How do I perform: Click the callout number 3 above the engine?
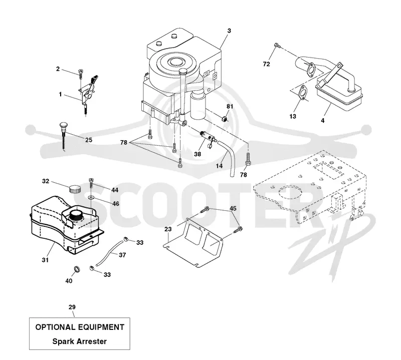pyautogui.click(x=229, y=31)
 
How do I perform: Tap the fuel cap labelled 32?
pyautogui.click(x=75, y=189)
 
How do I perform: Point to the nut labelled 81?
pyautogui.click(x=224, y=119)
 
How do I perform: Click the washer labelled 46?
pyautogui.click(x=91, y=197)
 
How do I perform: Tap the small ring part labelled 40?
pyautogui.click(x=77, y=269)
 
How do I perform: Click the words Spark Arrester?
pyautogui.click(x=80, y=341)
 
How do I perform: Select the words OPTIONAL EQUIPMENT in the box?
pyautogui.click(x=80, y=327)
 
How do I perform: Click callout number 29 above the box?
pyautogui.click(x=72, y=307)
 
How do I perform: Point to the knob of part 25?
pyautogui.click(x=63, y=125)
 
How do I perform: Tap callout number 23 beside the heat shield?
pyautogui.click(x=168, y=229)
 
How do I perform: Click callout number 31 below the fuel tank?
pyautogui.click(x=45, y=260)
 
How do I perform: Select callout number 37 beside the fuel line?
pyautogui.click(x=122, y=255)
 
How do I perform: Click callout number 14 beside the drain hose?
pyautogui.click(x=219, y=166)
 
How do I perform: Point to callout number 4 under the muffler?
pyautogui.click(x=323, y=120)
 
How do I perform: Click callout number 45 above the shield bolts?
pyautogui.click(x=233, y=208)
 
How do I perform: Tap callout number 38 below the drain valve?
pyautogui.click(x=197, y=154)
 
